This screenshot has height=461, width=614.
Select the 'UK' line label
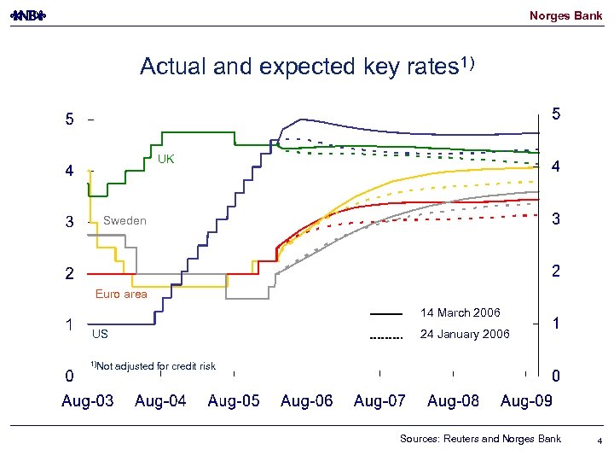pos(165,160)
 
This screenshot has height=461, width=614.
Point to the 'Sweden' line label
pos(125,221)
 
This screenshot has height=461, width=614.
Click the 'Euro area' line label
pos(121,294)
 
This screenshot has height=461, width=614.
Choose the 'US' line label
pos(100,334)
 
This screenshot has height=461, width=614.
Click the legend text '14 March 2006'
pos(460,313)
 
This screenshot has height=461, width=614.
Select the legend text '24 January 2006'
pos(465,334)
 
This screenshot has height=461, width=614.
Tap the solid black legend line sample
pos(385,315)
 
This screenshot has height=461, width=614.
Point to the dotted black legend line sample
pos(385,336)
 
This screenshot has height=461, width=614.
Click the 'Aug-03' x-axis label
pos(88,401)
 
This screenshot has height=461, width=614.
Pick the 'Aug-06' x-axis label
pos(307,401)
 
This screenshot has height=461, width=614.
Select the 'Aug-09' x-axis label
pos(526,401)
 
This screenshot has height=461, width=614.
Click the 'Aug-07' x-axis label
pos(380,401)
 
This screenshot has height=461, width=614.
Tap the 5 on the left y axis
pos(69,120)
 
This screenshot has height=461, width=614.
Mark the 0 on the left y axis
pos(69,376)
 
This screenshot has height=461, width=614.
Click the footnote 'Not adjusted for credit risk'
pos(157,366)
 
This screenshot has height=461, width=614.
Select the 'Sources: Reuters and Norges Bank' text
pos(481,439)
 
